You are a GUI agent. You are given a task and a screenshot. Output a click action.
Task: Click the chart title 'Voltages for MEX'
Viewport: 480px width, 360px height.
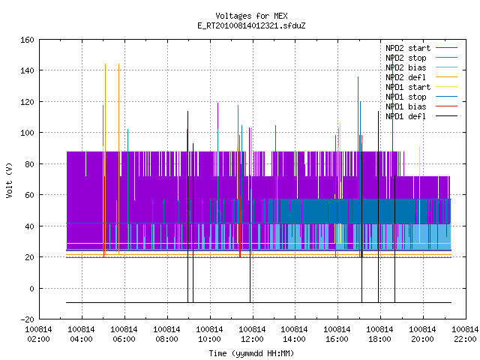point(251,16)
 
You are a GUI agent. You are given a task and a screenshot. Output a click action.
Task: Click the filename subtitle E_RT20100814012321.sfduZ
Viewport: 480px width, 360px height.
point(251,25)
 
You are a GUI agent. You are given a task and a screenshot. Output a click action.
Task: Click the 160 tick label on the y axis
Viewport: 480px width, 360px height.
point(27,40)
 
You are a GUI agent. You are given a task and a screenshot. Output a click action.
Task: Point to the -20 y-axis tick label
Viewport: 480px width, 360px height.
point(27,319)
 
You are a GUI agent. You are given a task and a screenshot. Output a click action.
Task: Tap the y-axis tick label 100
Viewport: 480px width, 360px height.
point(27,133)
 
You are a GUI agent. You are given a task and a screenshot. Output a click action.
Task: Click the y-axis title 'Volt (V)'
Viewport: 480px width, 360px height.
point(9,180)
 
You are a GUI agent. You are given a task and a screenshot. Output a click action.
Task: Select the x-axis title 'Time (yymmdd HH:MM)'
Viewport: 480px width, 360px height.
point(251,353)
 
